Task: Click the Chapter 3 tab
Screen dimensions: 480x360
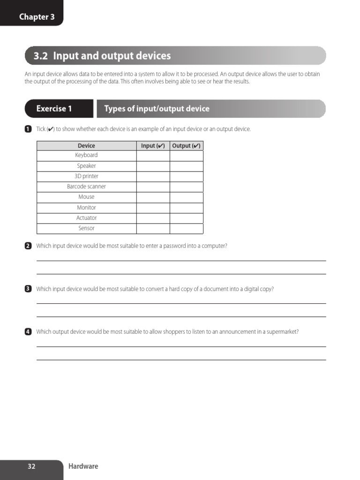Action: pos(37,17)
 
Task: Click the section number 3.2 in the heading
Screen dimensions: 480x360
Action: pos(41,56)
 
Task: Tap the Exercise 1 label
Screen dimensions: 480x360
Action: pos(54,109)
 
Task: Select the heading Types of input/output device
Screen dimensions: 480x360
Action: pos(157,109)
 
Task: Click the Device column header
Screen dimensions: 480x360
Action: pos(86,146)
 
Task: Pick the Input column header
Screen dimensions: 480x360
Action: pos(153,146)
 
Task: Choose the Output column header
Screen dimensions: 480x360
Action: pos(186,146)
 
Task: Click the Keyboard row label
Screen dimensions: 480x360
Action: pos(86,155)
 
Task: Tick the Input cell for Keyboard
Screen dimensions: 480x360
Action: pos(153,156)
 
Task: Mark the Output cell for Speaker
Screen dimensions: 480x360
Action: pos(186,166)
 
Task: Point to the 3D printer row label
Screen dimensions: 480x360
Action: pos(86,176)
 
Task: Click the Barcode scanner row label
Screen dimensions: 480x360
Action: pos(86,187)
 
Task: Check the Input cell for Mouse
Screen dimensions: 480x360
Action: pos(153,197)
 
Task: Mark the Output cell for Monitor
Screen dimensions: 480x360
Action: pos(186,208)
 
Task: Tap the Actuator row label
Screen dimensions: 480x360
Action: pos(86,218)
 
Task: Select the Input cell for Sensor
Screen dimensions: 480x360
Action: pos(153,229)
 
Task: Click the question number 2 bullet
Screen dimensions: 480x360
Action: pos(28,246)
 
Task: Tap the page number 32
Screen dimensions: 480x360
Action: pos(31,466)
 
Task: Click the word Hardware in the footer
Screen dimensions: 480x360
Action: pos(83,466)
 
